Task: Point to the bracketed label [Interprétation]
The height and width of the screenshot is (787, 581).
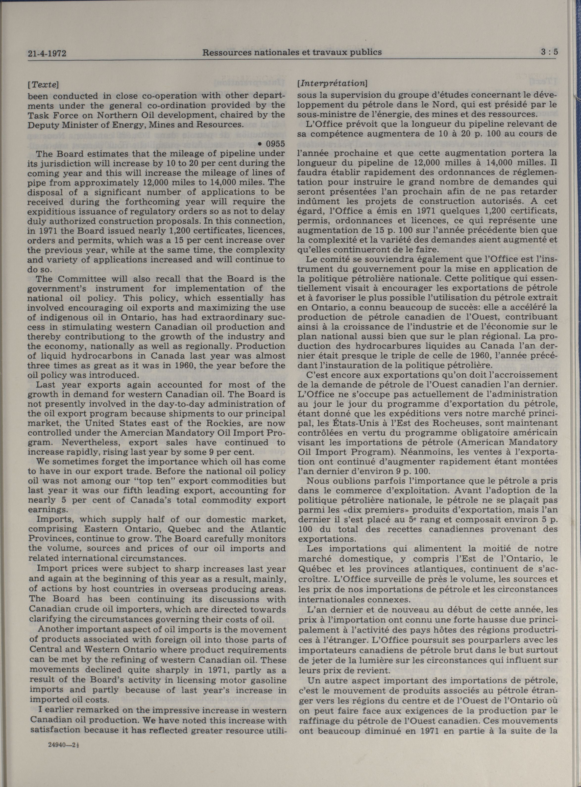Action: [332, 83]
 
